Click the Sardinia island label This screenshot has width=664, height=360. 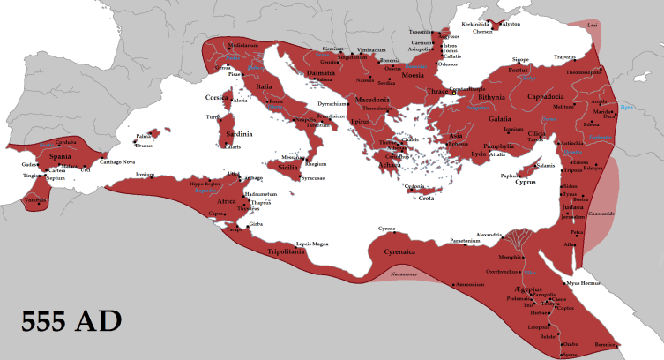(x=240, y=134)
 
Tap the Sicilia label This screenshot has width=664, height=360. (x=288, y=167)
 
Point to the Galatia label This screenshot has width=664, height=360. (x=500, y=118)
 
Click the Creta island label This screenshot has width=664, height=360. (x=426, y=198)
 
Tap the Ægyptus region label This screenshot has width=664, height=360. (x=525, y=289)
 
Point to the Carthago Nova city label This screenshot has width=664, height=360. (x=116, y=162)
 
